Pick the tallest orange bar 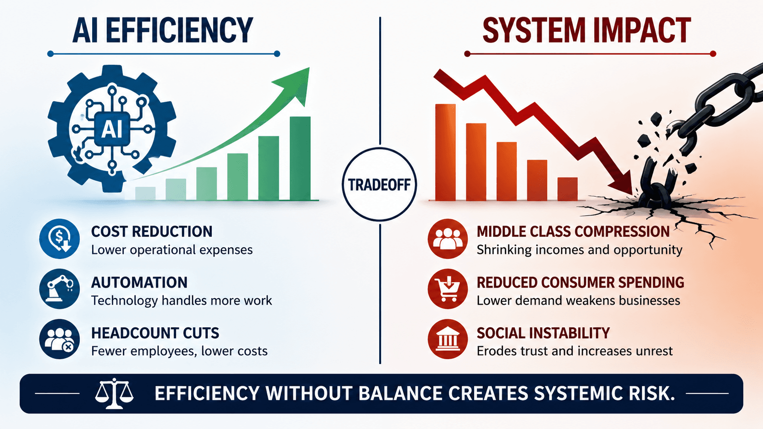click(x=445, y=152)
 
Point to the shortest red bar click(x=567, y=189)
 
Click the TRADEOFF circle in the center click(x=379, y=185)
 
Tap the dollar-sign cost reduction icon click(x=59, y=239)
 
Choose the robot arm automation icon click(x=59, y=289)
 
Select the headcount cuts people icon click(x=59, y=339)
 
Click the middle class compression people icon click(x=448, y=239)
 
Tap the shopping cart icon click(x=448, y=289)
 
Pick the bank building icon click(x=448, y=339)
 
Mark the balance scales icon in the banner click(x=114, y=393)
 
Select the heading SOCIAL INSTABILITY click(x=543, y=333)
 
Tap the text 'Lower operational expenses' click(x=172, y=250)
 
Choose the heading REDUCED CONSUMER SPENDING click(x=580, y=283)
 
